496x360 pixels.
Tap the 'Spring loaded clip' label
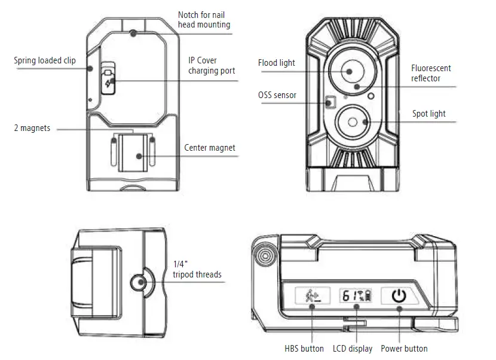point(45,60)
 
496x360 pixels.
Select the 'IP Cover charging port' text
point(212,66)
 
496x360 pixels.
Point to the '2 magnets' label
point(33,128)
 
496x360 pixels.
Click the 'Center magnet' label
point(209,148)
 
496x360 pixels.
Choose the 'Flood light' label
point(276,63)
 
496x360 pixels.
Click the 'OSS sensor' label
point(277,95)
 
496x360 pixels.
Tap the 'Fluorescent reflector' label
point(430,73)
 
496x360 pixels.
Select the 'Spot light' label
point(428,114)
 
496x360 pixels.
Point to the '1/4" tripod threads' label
point(197,270)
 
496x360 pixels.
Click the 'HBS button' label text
point(304,348)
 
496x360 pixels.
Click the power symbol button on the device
point(398,295)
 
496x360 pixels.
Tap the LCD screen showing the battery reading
point(355,295)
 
